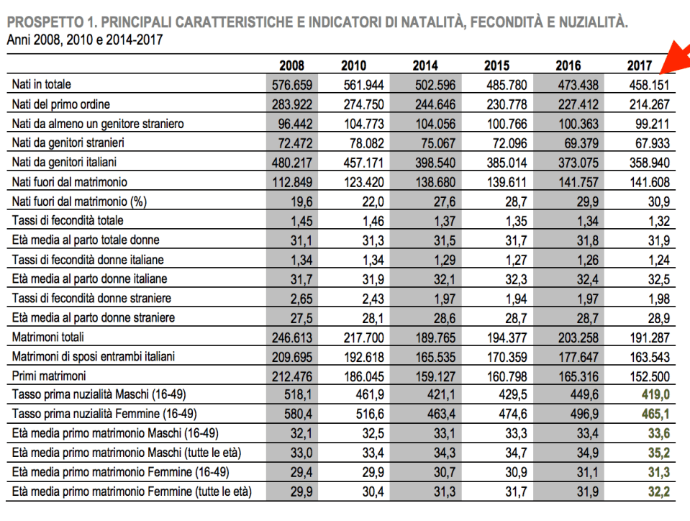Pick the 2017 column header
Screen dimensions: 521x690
pyautogui.click(x=639, y=65)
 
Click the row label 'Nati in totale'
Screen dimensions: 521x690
pyautogui.click(x=42, y=85)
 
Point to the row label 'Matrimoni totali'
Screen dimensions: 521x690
pyautogui.click(x=47, y=337)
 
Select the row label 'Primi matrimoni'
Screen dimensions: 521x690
pyautogui.click(x=49, y=376)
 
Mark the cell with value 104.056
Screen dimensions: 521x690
pyautogui.click(x=435, y=124)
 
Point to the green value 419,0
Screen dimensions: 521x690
pyautogui.click(x=655, y=395)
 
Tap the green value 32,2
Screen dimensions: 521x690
pyautogui.click(x=658, y=492)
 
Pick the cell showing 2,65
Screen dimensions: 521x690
pyautogui.click(x=302, y=298)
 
